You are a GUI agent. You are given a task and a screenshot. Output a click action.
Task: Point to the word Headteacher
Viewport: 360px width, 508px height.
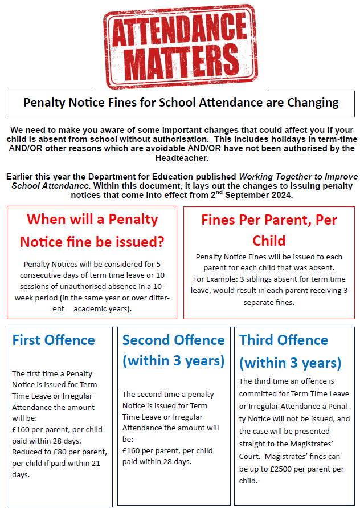(x=180, y=157)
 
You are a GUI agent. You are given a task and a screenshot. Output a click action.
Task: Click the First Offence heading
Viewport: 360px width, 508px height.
(x=54, y=340)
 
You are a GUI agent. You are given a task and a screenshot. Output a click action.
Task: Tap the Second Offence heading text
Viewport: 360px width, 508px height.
(x=173, y=340)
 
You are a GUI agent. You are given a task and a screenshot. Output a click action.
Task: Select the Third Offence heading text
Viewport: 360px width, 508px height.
(x=284, y=340)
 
